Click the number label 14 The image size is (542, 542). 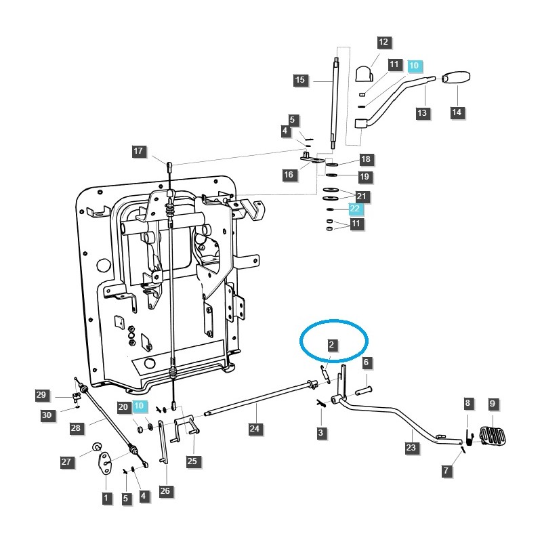(457, 113)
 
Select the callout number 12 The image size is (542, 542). (383, 42)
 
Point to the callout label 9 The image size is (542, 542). (493, 404)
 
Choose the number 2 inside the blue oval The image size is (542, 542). (331, 345)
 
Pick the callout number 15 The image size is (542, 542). (300, 80)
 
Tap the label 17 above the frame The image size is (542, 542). (139, 152)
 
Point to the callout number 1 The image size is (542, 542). (106, 498)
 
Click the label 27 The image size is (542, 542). (66, 462)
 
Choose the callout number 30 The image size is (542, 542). (47, 415)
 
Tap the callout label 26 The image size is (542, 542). (165, 491)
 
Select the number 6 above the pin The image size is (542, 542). (365, 363)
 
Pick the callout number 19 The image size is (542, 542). (365, 177)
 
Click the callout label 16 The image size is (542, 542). (289, 175)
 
